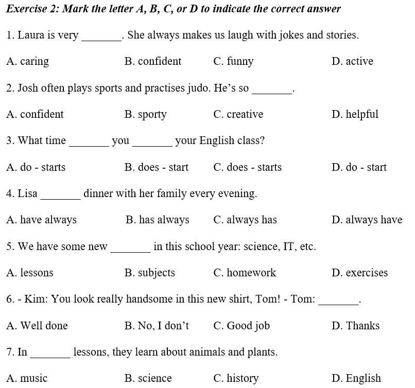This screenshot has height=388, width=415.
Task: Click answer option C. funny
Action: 233,62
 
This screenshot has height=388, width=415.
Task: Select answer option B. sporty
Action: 145,115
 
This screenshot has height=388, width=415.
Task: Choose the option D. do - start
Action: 359,167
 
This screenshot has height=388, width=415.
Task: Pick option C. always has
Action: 245,220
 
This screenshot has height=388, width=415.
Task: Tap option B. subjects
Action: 149,273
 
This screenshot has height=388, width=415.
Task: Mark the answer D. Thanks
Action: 355,326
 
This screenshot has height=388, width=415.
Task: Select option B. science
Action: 148,379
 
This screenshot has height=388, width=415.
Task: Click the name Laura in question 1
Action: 30,35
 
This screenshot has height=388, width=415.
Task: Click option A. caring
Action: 28,62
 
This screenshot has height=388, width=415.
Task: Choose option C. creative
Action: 238,114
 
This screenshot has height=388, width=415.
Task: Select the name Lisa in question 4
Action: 28,194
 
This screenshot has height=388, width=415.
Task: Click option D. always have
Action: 367,220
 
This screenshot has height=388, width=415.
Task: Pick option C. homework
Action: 245,273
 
